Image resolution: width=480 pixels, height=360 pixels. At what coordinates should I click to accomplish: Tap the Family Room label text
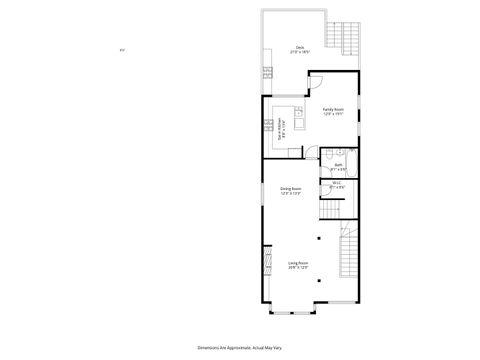(333, 111)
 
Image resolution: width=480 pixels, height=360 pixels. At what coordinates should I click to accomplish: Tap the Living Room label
(298, 265)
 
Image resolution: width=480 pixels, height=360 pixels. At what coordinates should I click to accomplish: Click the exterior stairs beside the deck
(349, 39)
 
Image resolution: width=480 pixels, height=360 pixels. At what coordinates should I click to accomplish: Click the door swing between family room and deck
(315, 78)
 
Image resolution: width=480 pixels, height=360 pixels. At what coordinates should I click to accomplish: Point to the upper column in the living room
(319, 238)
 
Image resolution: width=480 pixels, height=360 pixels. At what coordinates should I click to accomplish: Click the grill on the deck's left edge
(265, 72)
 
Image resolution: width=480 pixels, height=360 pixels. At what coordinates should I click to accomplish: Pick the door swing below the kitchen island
(311, 154)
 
